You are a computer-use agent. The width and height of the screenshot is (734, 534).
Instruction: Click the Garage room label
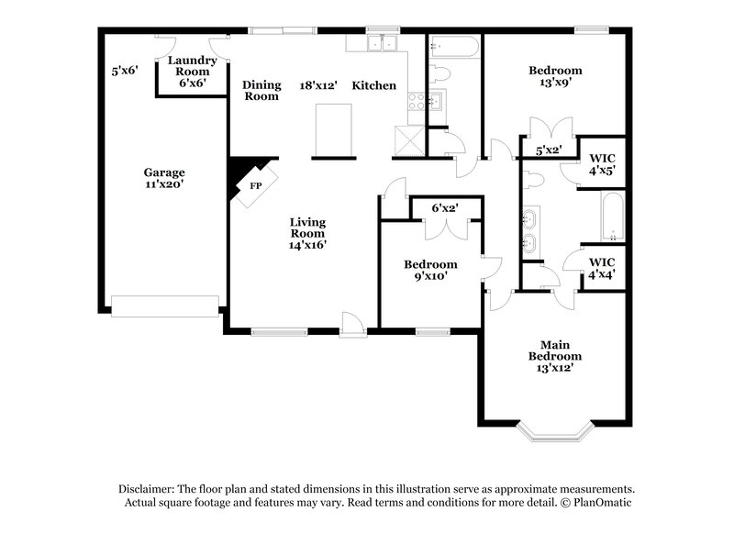pos(164,172)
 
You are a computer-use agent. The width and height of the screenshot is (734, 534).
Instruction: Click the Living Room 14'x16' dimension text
pos(307,244)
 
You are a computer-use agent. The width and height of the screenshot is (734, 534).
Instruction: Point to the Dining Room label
pos(261,90)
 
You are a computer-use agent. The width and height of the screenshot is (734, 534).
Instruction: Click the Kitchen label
pos(374,85)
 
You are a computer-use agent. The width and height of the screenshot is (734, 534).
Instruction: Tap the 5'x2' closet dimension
pos(549,150)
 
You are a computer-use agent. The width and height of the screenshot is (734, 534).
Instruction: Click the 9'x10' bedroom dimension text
pos(430,276)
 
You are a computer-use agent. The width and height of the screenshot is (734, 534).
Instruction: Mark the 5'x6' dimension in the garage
pos(125,70)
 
